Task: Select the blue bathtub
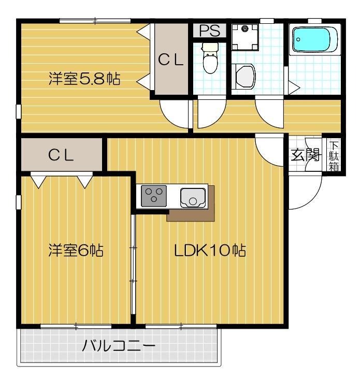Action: [314, 40]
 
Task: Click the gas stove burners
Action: [154, 196]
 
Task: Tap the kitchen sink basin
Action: [192, 197]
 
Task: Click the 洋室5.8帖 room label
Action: [84, 79]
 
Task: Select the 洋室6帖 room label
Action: [76, 251]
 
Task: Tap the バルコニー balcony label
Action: [119, 345]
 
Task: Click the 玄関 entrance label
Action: [305, 155]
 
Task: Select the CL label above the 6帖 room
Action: [61, 155]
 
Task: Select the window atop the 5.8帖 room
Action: [95, 21]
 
